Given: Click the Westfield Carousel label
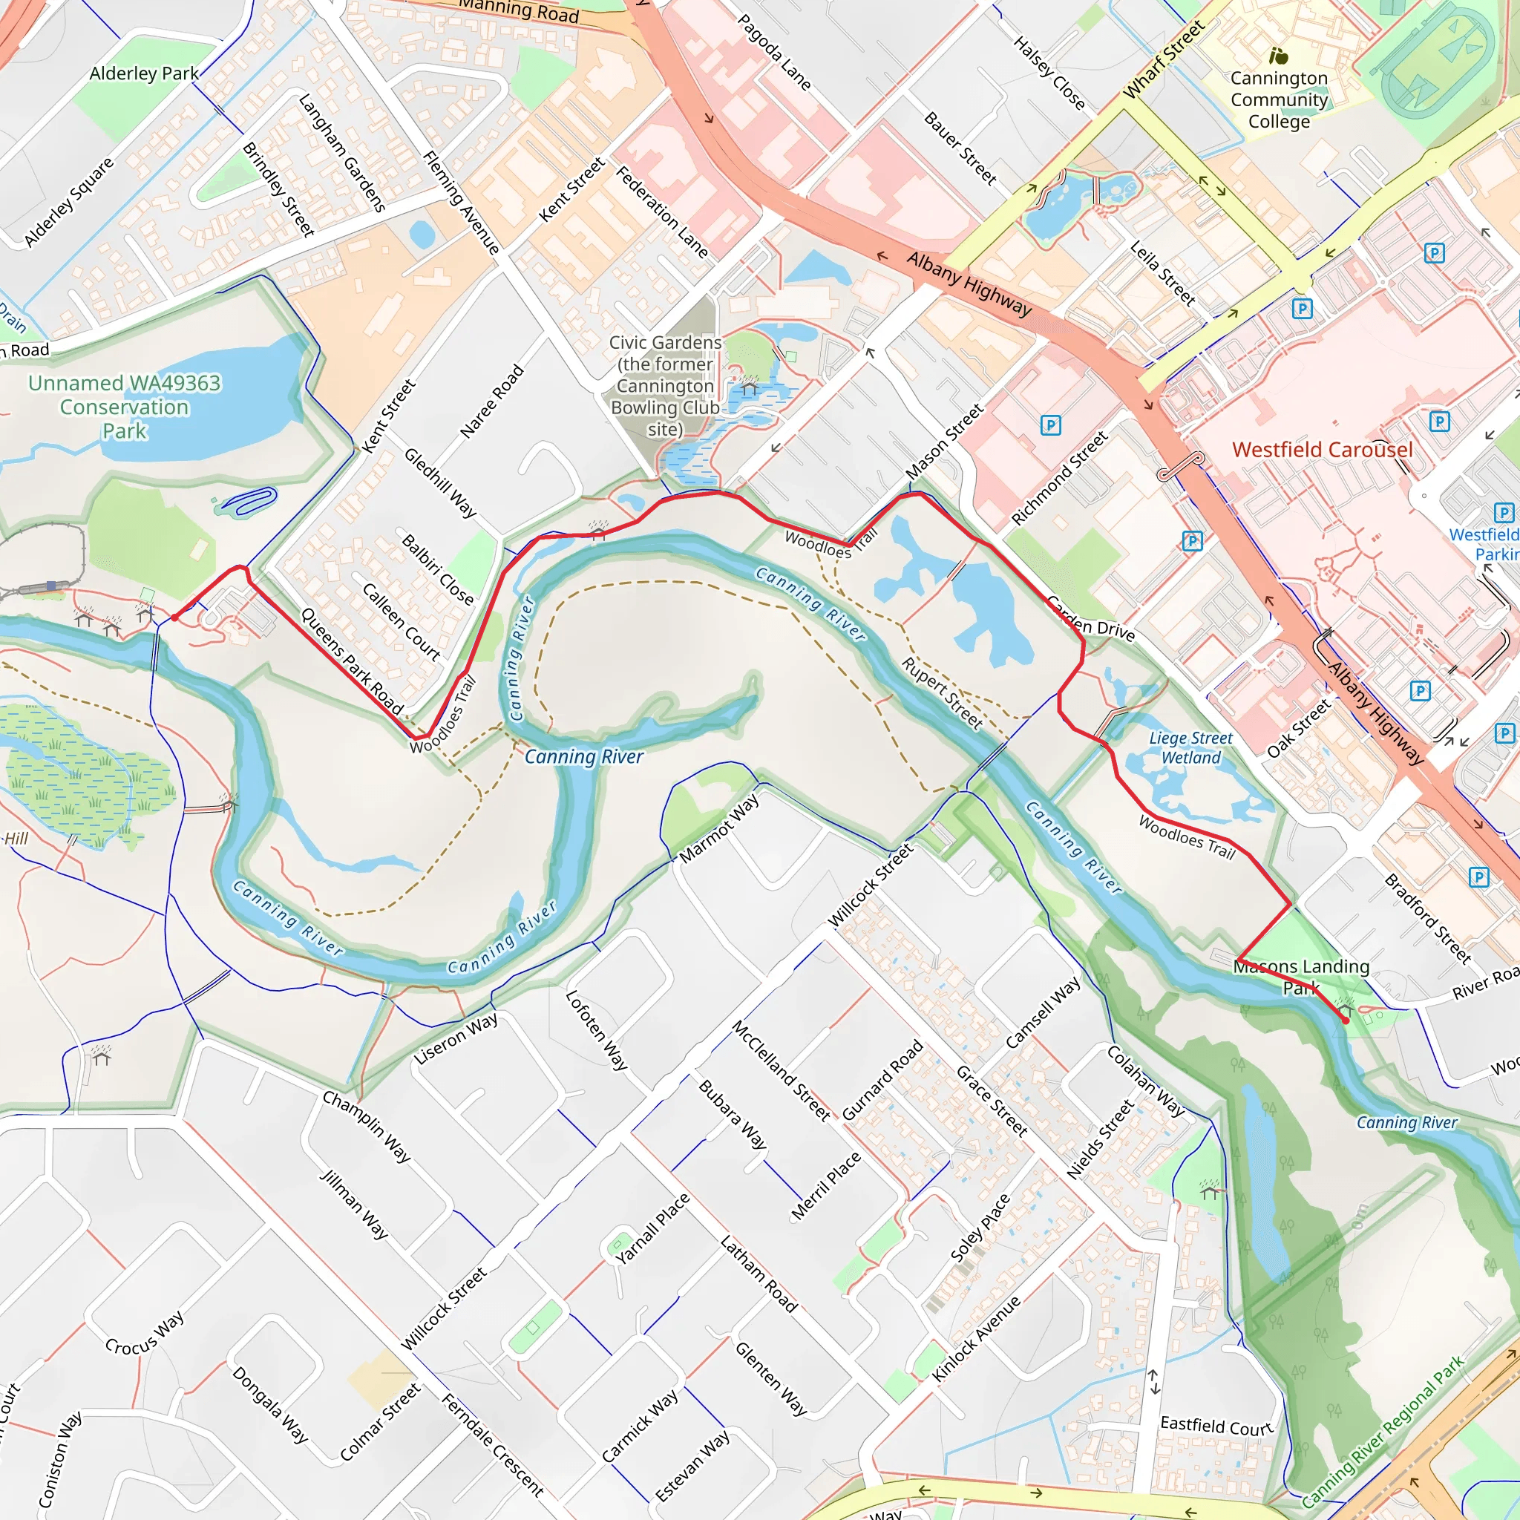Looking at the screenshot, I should pos(1323,450).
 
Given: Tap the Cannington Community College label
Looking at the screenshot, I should pos(1279,100).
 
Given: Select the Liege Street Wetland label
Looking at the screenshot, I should pos(1190,747).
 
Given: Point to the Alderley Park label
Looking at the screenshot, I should pos(144,73).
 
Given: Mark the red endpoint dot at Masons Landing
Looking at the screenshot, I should pos(1346,1021).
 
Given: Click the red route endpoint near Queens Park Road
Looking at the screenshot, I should pos(174,617).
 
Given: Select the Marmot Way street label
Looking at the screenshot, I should pos(719,828).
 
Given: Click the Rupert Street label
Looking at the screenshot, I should pos(942,693).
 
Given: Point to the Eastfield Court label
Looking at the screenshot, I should pos(1216,1426).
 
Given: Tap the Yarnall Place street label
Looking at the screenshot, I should pos(653,1228).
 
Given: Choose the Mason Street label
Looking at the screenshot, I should pos(944,442).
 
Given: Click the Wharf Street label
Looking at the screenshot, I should pos(1164,61).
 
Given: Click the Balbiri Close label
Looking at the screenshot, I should pos(437,569).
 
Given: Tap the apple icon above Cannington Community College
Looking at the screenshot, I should pos(1278,56).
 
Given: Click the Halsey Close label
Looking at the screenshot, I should pos(1049,73).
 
